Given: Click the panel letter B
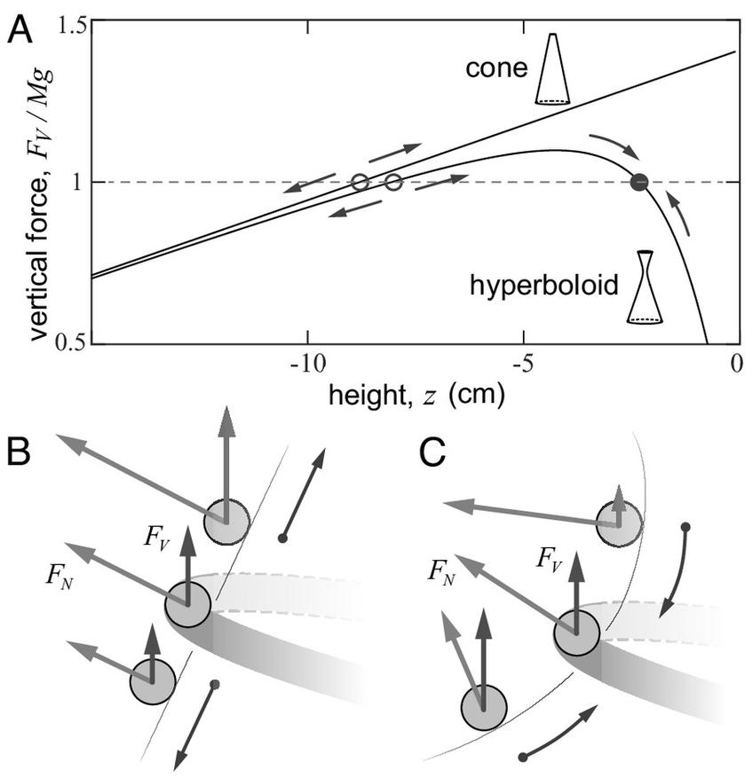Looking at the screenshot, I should click(20, 452).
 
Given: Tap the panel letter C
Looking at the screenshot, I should click(432, 452).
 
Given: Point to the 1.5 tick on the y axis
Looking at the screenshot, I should click(73, 24).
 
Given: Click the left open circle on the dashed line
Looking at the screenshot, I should click(360, 183).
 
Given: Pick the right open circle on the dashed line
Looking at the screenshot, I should click(393, 183).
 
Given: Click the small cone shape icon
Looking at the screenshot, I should click(551, 69).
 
